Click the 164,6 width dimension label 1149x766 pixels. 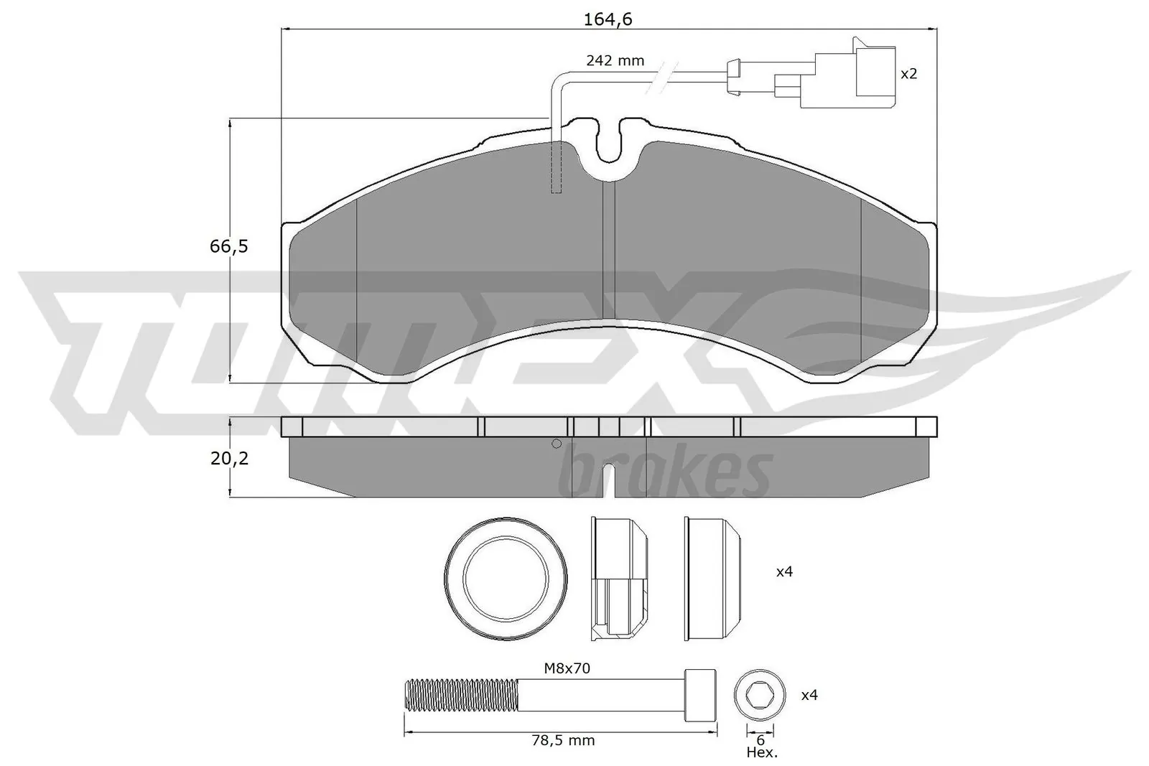click(x=607, y=19)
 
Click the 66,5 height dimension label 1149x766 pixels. click(x=228, y=246)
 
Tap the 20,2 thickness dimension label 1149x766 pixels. click(x=229, y=458)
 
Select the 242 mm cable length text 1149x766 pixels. click(x=615, y=61)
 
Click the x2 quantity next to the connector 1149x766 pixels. click(x=908, y=73)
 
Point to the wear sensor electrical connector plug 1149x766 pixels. click(x=847, y=73)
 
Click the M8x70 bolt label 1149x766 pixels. click(x=567, y=668)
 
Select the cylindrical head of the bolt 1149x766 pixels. click(x=701, y=695)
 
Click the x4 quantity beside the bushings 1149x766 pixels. click(x=784, y=572)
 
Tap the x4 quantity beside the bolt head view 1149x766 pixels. click(x=809, y=695)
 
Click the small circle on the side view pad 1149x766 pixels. click(x=556, y=444)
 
